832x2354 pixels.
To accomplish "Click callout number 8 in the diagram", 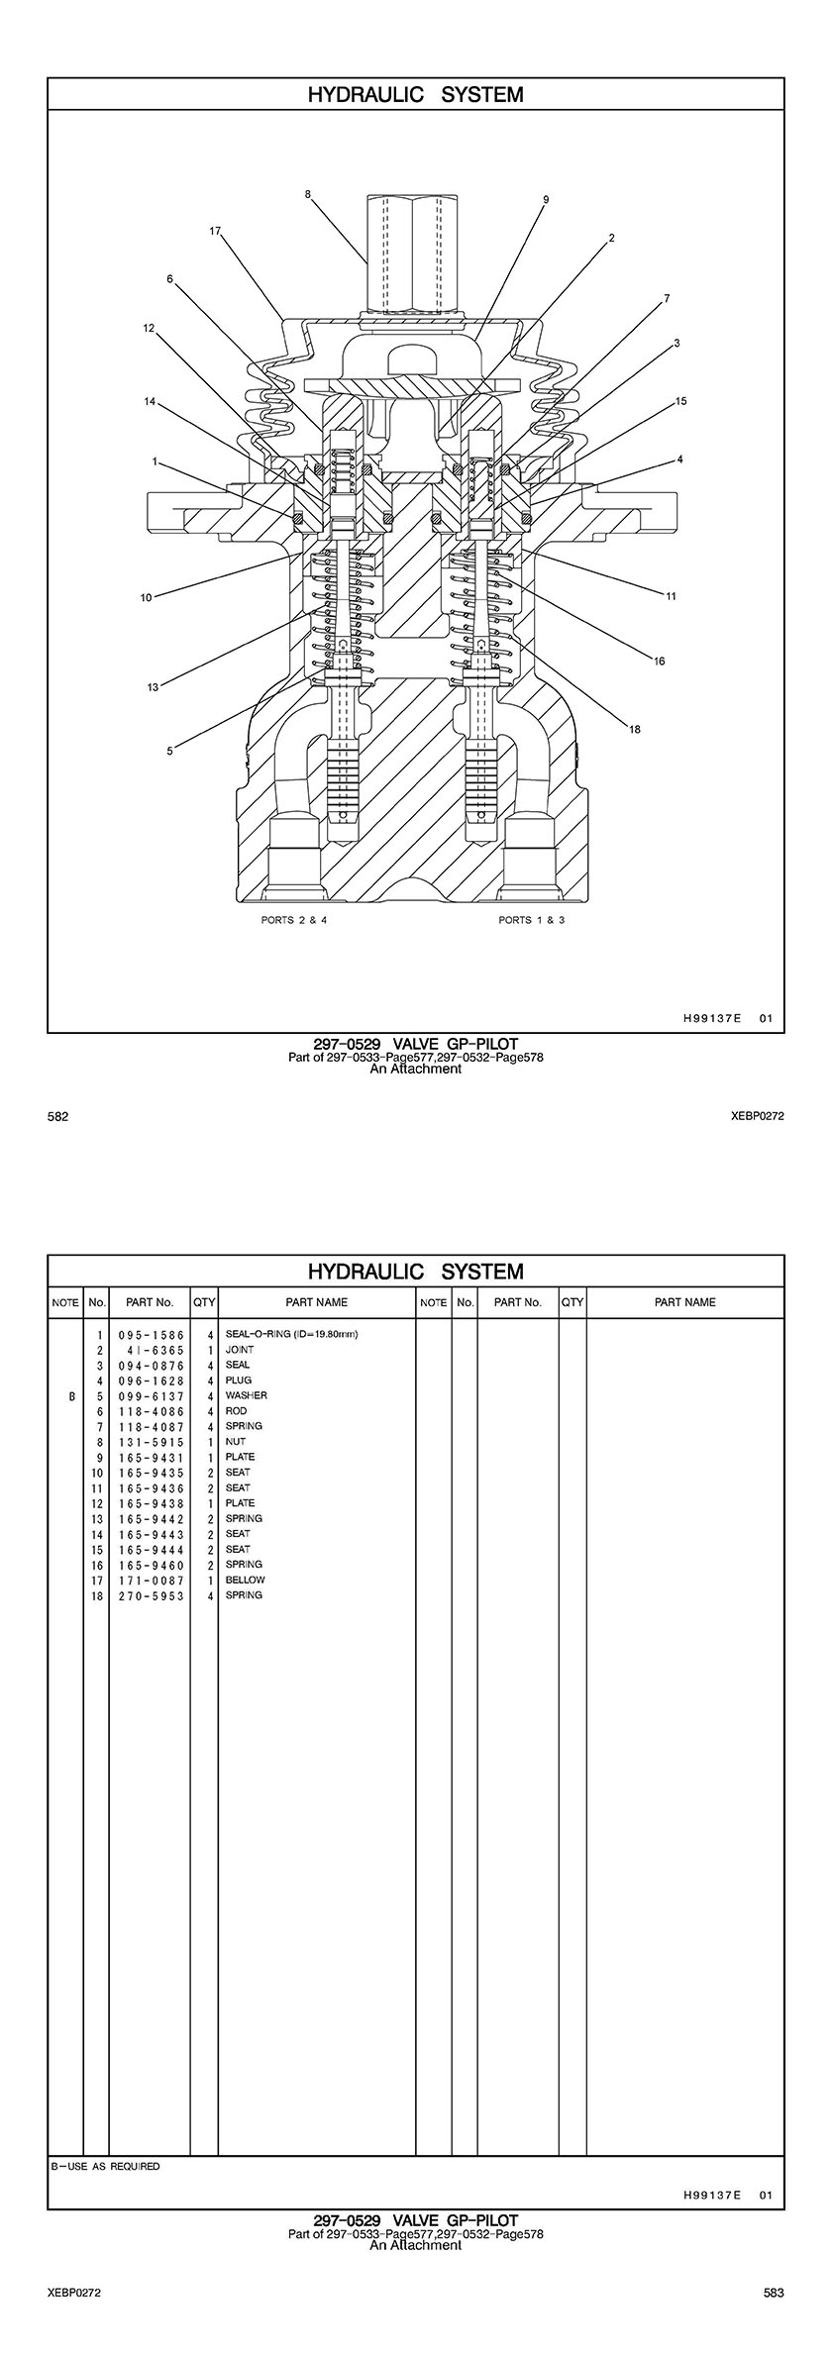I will pos(308,194).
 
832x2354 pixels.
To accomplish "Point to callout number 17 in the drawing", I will pos(215,231).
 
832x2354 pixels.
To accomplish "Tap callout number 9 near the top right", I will pos(546,199).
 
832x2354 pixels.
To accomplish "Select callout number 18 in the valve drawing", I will pos(635,729).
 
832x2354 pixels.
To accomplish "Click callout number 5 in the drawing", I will pos(169,751).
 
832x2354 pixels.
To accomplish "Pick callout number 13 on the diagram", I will pos(153,687).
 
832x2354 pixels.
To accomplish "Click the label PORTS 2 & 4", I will pos(293,920).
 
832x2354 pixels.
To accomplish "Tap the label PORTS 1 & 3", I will pos(532,920).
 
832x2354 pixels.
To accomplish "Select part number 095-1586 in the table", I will pos(152,1335).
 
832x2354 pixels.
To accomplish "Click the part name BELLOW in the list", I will pos(245,1581).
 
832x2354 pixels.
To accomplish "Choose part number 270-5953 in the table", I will pos(152,1596).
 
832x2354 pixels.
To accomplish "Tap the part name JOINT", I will pos(239,1350).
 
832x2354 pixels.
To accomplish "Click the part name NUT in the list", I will pos(235,1442).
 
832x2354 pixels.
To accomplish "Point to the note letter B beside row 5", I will pos(70,1396).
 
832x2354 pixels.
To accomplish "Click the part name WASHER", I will pos(246,1396).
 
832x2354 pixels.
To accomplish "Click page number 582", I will pos(58,1117).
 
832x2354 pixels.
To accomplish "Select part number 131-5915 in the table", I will pos(152,1442).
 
